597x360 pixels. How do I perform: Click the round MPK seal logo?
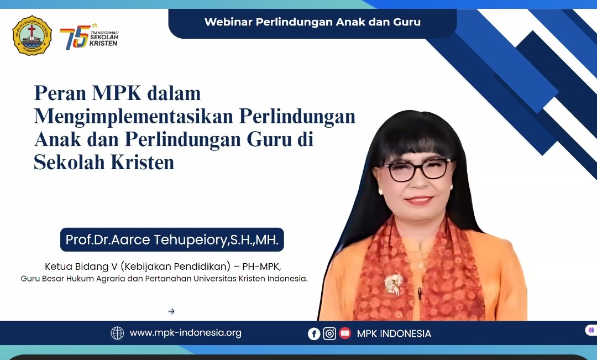tap(32, 35)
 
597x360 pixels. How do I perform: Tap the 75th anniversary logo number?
tap(74, 38)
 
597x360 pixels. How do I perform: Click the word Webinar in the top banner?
tap(228, 22)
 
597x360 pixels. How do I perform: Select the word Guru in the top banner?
tap(407, 22)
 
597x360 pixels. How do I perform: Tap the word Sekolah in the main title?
tap(69, 162)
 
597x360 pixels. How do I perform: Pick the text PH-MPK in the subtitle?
tap(261, 267)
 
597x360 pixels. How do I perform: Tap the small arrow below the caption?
tap(171, 311)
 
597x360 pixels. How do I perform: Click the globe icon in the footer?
tap(117, 333)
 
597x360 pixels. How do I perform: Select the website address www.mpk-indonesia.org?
tap(185, 332)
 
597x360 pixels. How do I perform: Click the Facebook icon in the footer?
tap(314, 333)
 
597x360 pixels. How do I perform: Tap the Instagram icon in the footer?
tap(329, 333)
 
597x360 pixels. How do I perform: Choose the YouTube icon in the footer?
tap(345, 333)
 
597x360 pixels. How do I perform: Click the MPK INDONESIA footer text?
tap(394, 333)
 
